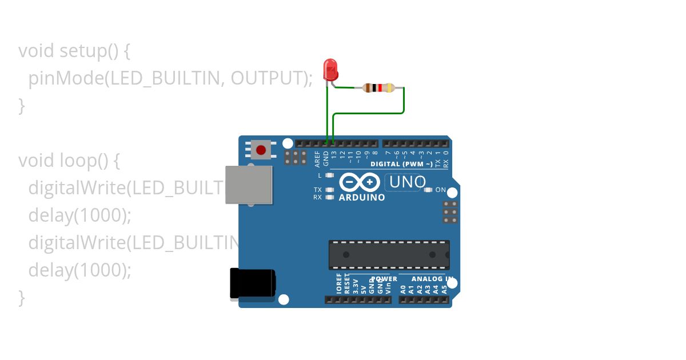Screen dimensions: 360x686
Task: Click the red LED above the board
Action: tap(330, 69)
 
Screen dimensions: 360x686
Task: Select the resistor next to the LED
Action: tap(378, 87)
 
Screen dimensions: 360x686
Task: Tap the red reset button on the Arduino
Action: tap(261, 150)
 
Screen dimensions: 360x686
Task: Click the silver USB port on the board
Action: tap(249, 185)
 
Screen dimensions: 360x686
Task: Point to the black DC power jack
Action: tap(252, 283)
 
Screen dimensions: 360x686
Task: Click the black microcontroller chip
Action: tap(389, 255)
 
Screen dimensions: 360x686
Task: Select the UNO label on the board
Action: tap(407, 182)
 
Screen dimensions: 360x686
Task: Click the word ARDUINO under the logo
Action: tap(362, 198)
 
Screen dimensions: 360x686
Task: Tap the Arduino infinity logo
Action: tap(360, 182)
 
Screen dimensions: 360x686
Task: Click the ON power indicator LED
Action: tap(428, 190)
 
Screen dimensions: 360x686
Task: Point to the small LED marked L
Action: tap(329, 175)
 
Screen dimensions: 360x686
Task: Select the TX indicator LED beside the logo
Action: tap(329, 190)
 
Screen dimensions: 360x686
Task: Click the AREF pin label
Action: tap(318, 158)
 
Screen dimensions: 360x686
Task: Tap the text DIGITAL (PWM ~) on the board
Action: tap(401, 164)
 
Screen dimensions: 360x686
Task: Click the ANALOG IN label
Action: tap(433, 279)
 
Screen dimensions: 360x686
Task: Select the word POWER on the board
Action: tap(384, 279)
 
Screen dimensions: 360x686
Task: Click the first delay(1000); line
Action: tap(80, 215)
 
